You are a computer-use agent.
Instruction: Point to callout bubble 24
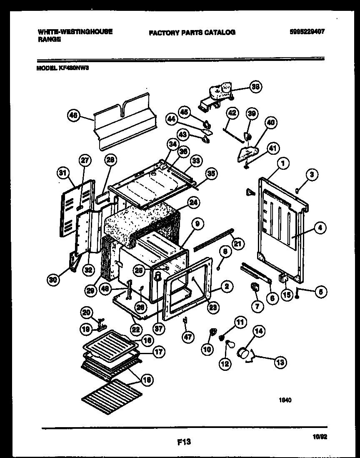[192, 203]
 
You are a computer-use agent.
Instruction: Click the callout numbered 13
[280, 362]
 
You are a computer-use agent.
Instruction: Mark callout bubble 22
[135, 328]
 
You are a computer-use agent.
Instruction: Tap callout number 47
[188, 337]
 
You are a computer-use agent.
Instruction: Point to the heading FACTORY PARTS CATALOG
[192, 32]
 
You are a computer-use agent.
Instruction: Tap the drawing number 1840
[285, 399]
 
